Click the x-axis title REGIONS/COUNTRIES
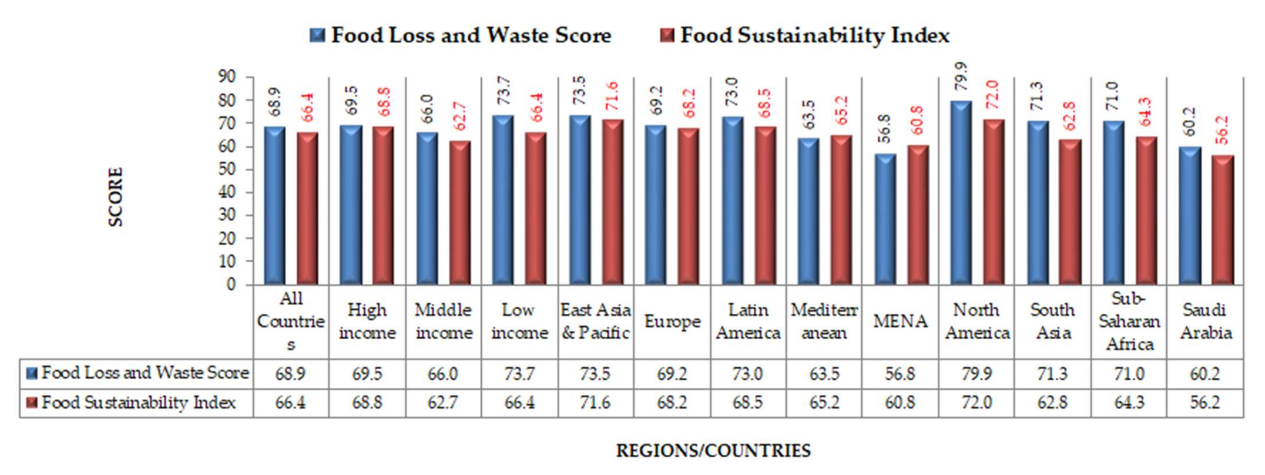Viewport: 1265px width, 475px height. click(713, 450)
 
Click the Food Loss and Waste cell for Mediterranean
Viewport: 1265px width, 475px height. click(824, 374)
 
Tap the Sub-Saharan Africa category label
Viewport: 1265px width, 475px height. click(1129, 322)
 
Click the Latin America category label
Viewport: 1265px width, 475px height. click(748, 322)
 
